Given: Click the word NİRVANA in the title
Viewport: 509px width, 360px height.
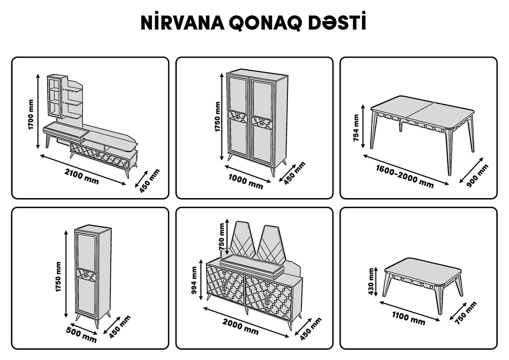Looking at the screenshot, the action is coord(182,22).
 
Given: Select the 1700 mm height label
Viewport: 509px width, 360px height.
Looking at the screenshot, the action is coord(31,114).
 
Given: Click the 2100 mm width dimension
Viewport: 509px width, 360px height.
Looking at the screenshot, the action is coord(82,176).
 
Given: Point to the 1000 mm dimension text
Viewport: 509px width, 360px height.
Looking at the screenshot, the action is coord(246,181).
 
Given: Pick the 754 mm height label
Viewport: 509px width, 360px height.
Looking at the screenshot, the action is coord(356,128).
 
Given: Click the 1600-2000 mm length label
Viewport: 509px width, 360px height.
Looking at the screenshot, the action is coord(405,176).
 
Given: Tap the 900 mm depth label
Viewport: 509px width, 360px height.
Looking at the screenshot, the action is coord(477,176).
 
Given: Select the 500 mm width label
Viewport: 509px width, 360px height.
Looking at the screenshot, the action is coord(81,334).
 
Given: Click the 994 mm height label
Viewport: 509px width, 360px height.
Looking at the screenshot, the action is coord(194,280).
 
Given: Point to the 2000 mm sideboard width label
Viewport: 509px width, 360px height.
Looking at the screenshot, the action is coord(240,327).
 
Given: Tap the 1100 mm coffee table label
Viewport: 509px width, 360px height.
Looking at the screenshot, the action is coord(409,318).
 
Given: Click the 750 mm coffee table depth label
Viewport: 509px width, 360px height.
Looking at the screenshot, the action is coord(465,313).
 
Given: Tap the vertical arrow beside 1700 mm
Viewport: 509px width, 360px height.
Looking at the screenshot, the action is coord(38,111).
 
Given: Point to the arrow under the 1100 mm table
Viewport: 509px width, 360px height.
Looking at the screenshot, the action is coord(410,311).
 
